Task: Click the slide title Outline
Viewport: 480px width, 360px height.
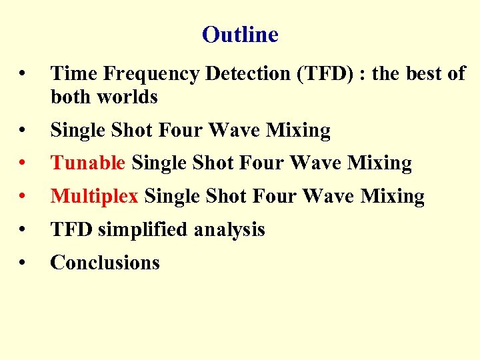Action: [x=240, y=34]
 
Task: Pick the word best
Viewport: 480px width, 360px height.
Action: [x=422, y=74]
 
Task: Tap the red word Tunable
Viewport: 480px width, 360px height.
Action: [x=88, y=163]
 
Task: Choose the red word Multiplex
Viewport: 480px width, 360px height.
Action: [x=94, y=196]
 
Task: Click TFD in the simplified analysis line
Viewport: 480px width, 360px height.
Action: [x=71, y=229]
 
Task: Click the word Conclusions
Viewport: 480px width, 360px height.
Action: [x=105, y=263]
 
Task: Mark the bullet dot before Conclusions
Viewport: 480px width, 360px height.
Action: [x=23, y=263]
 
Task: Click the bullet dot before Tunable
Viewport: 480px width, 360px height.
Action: [x=23, y=163]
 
